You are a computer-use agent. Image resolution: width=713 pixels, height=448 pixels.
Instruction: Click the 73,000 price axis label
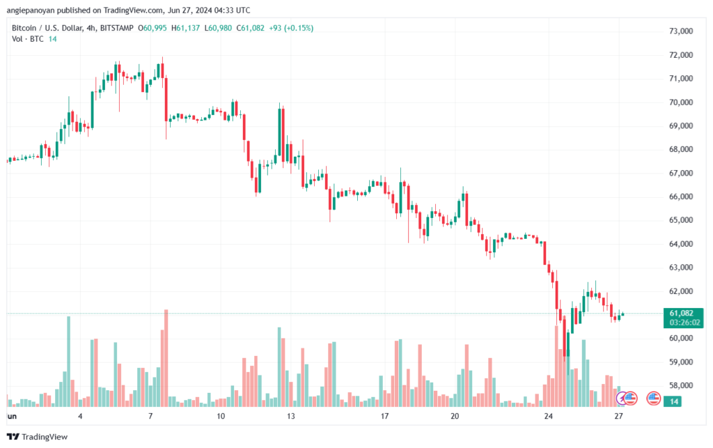point(682,31)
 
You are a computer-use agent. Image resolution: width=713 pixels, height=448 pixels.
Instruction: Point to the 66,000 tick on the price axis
point(682,196)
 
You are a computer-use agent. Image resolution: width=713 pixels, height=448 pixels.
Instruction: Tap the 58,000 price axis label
point(682,385)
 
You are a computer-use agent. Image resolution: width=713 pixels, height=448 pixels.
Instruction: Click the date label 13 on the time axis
point(291,417)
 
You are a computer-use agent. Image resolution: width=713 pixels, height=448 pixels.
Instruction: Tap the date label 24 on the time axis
point(549,417)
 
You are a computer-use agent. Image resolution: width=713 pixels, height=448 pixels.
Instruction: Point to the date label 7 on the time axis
point(150,417)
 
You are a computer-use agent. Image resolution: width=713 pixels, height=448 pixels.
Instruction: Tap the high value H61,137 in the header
point(182,28)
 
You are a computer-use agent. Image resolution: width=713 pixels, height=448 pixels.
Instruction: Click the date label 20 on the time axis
point(455,417)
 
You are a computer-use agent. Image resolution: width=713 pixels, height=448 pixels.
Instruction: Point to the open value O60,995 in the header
point(151,28)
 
